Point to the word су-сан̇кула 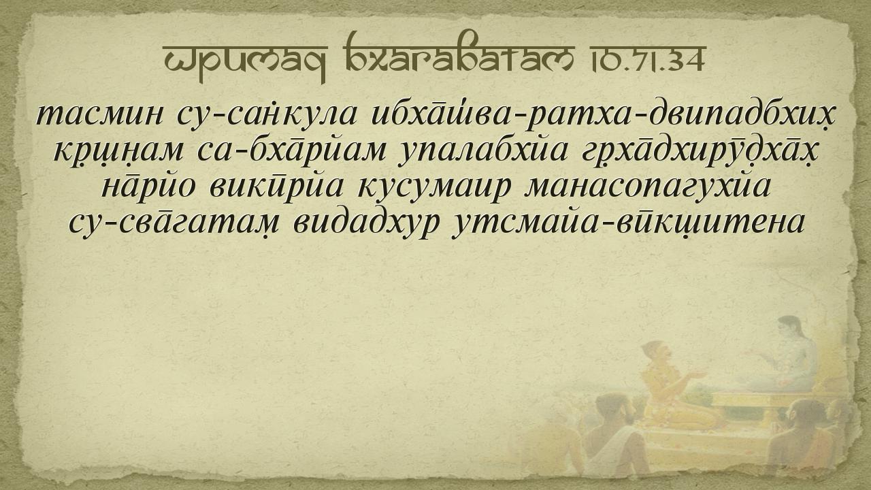coord(267,116)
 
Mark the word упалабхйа coord(484,152)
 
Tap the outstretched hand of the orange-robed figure coord(698,374)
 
